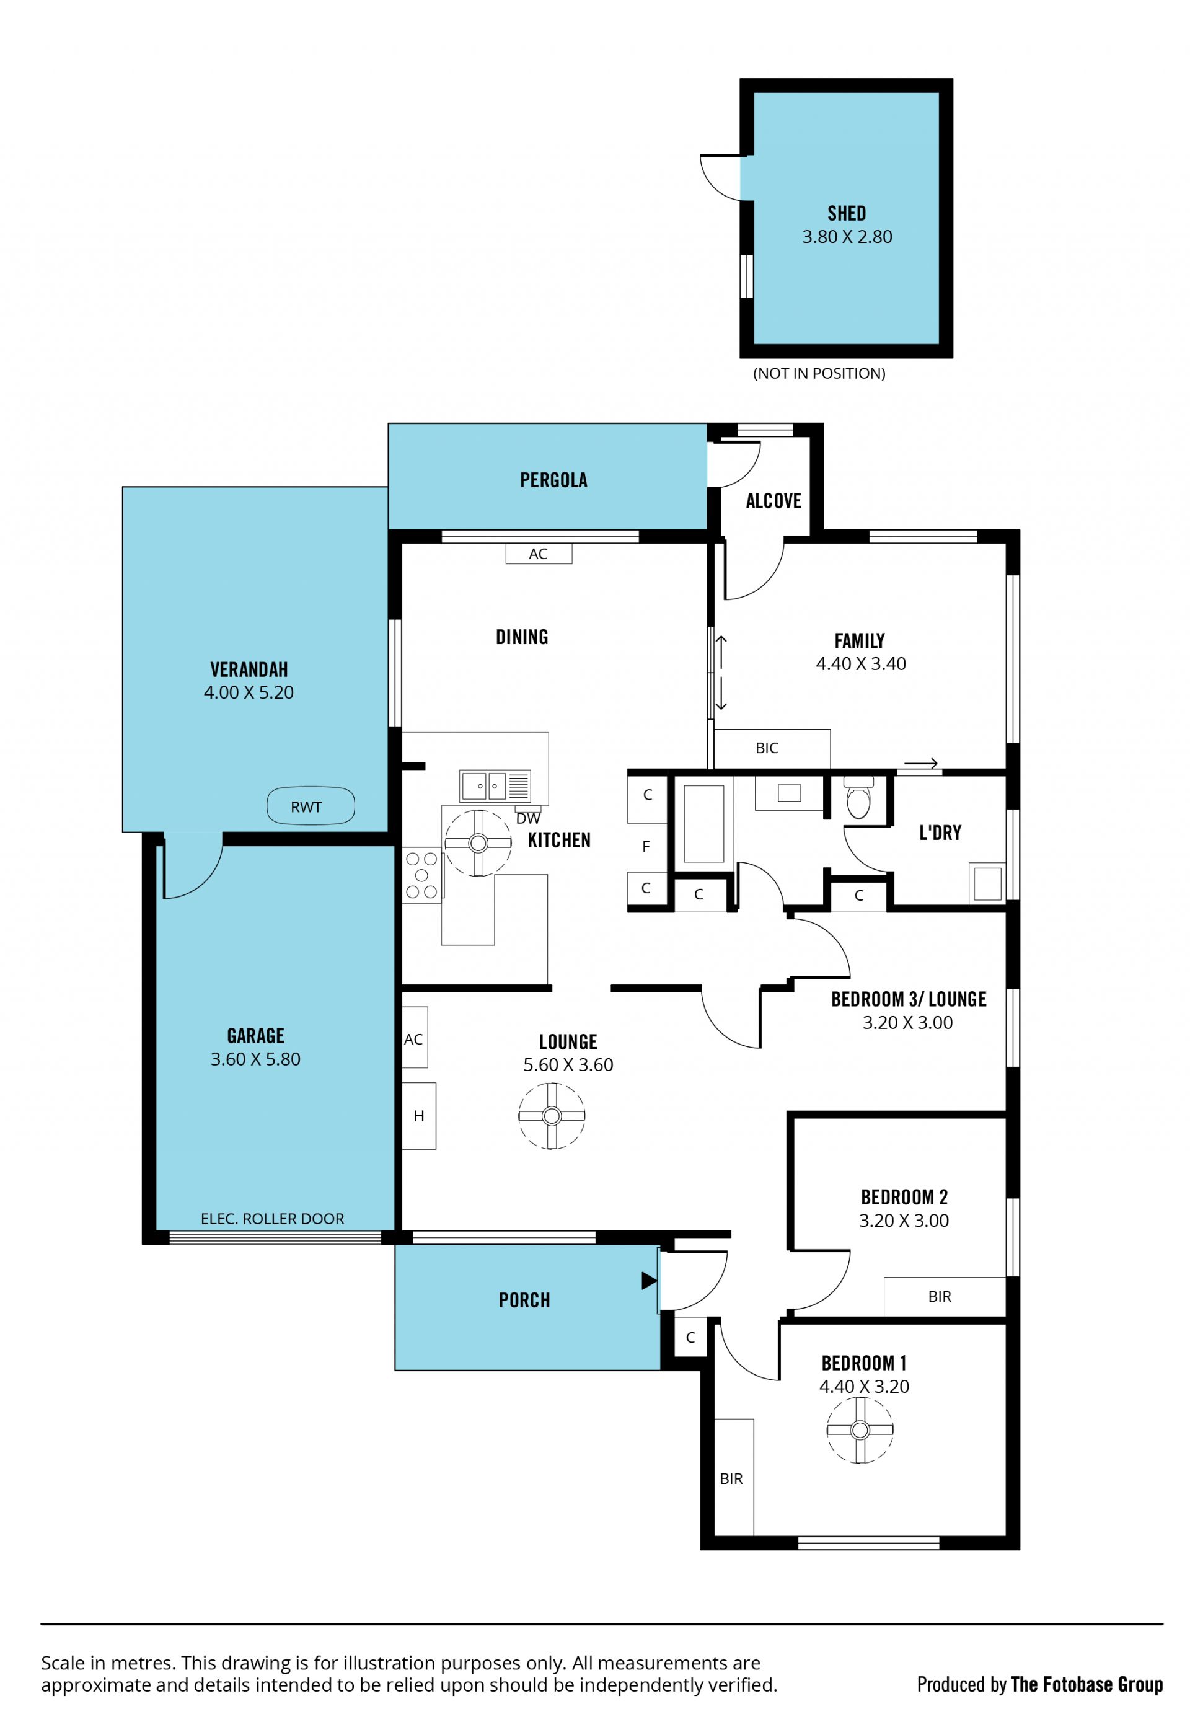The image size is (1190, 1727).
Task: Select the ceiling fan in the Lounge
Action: coord(552,1116)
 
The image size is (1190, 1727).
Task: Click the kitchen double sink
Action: coord(495,786)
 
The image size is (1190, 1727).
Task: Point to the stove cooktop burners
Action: coord(422,875)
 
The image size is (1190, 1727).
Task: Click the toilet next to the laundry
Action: coord(858,797)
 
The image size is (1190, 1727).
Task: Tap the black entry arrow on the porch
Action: coord(649,1280)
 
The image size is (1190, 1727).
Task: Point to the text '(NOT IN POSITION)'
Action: coord(819,374)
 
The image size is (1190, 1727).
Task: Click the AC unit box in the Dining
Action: coord(539,554)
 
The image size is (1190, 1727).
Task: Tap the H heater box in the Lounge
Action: coord(419,1116)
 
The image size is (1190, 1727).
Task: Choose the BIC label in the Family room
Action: coord(767,748)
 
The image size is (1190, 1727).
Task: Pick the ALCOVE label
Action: coord(773,501)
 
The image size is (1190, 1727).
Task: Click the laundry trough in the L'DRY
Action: coord(987,882)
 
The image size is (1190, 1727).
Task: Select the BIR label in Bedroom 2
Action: coord(940,1296)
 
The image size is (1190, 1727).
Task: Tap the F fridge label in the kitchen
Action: coord(646,846)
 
